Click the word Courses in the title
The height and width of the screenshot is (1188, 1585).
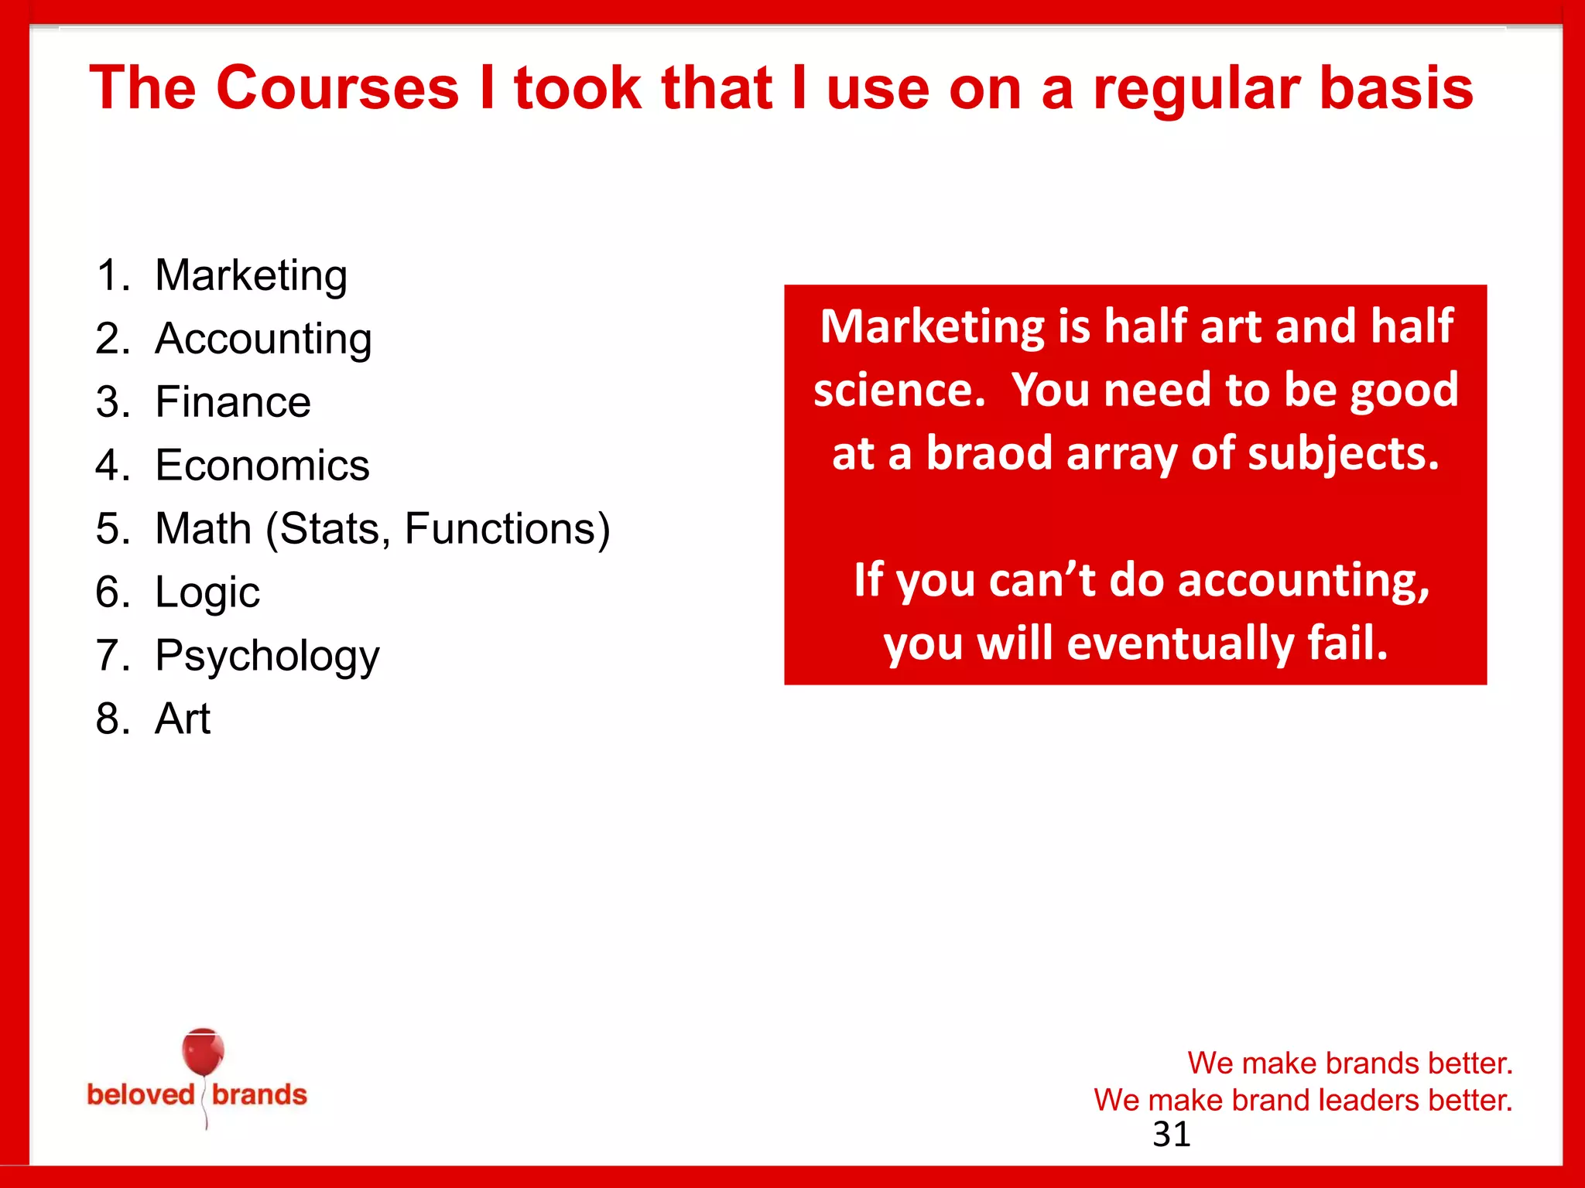click(337, 87)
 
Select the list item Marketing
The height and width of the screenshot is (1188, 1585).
click(251, 276)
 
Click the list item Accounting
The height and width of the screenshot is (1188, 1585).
click(263, 340)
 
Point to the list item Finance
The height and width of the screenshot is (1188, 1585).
click(233, 402)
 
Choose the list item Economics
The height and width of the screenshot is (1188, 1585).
click(262, 466)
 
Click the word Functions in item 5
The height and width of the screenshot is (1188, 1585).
click(507, 529)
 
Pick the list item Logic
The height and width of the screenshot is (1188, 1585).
click(207, 593)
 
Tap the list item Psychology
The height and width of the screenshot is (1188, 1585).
click(267, 657)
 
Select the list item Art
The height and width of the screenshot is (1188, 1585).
click(183, 719)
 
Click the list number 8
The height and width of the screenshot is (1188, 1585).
click(113, 719)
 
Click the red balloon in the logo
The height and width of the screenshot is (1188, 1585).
click(203, 1053)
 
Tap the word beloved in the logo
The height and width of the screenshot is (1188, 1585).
click(141, 1095)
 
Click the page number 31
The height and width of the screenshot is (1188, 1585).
click(1171, 1135)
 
